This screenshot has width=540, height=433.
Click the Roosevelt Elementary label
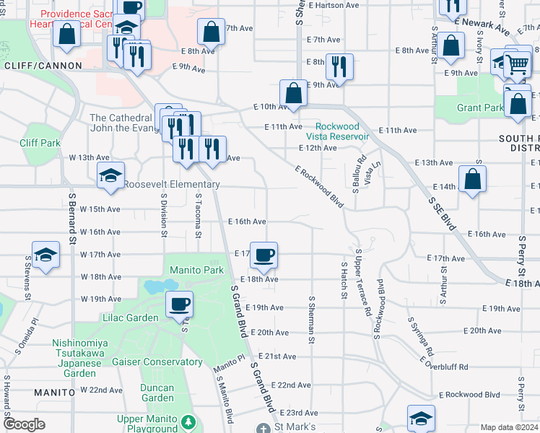(x=171, y=185)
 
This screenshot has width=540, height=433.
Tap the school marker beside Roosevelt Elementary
(x=110, y=175)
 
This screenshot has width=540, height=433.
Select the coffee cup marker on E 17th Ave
(x=264, y=255)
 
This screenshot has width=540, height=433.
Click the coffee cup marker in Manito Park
(x=179, y=305)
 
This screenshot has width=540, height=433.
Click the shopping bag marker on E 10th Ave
(x=294, y=93)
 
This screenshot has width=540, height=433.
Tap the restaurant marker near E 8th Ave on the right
(x=339, y=67)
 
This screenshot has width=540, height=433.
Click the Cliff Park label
(x=40, y=143)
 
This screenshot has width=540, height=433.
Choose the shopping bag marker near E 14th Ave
(x=471, y=180)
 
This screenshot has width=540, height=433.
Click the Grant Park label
(x=480, y=108)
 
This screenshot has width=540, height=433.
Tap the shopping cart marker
(x=518, y=64)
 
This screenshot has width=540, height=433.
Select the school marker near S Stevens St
(x=45, y=255)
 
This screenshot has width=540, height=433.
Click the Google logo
(x=23, y=424)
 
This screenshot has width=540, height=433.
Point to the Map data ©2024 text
(x=510, y=427)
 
